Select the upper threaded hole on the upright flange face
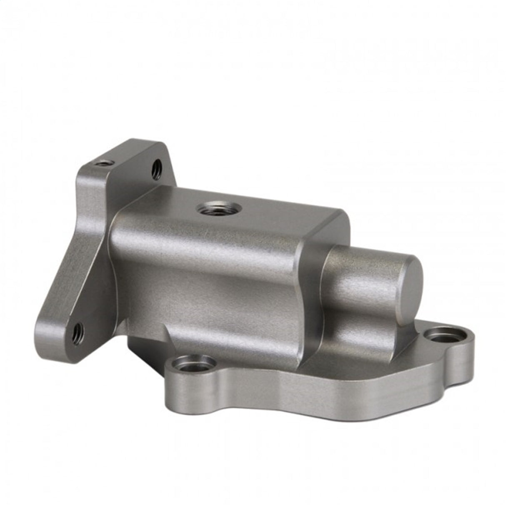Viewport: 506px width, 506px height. point(156,169)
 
